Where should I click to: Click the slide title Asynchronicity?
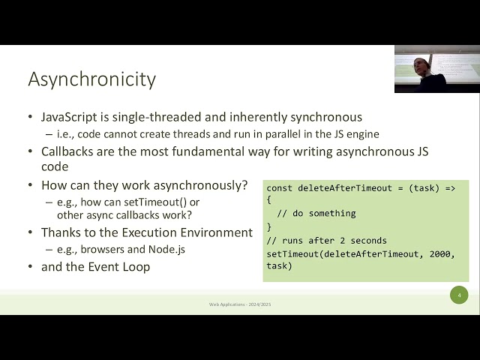point(91,79)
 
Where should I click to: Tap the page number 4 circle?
point(459,295)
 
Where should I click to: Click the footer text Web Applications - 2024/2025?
point(239,304)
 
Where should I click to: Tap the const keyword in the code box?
point(280,187)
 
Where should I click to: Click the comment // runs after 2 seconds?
point(326,241)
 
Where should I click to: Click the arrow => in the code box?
point(450,187)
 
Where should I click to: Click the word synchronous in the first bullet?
point(327,117)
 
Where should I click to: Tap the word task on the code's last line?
point(279,266)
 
